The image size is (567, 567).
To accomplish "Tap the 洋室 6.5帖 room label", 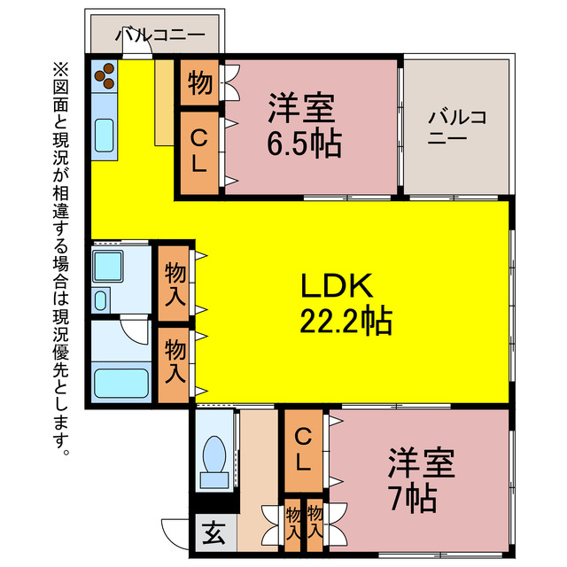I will pyautogui.click(x=303, y=125).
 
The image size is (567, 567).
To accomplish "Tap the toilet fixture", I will pyautogui.click(x=214, y=461).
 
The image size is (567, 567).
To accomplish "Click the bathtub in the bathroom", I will pyautogui.click(x=121, y=384).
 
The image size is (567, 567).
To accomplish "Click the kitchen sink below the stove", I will pyautogui.click(x=104, y=134).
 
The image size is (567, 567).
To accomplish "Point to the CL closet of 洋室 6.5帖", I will pyautogui.click(x=199, y=151).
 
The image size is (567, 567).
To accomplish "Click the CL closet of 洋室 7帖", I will pyautogui.click(x=303, y=449).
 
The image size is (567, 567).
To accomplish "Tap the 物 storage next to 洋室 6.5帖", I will pyautogui.click(x=199, y=83).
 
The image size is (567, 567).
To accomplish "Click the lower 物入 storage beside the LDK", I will pyautogui.click(x=175, y=360).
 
